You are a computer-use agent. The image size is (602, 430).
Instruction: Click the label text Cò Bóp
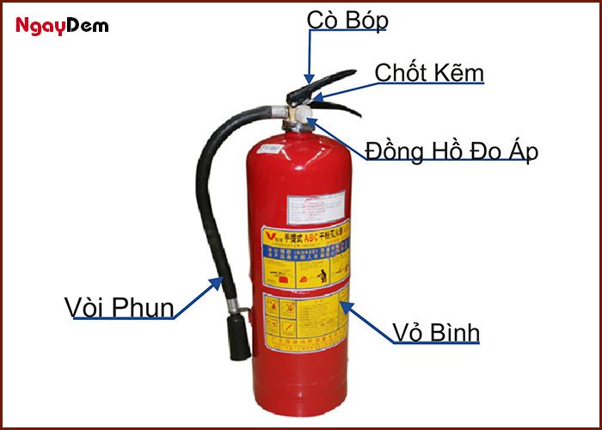(x=347, y=20)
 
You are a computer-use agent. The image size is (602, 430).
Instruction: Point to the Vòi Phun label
(x=120, y=307)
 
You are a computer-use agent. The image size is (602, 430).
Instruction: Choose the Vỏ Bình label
(x=435, y=332)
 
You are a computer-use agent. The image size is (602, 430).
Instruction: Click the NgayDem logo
(x=62, y=26)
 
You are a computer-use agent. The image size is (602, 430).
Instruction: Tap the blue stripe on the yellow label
(x=305, y=251)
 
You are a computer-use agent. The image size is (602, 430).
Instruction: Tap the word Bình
(x=455, y=332)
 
